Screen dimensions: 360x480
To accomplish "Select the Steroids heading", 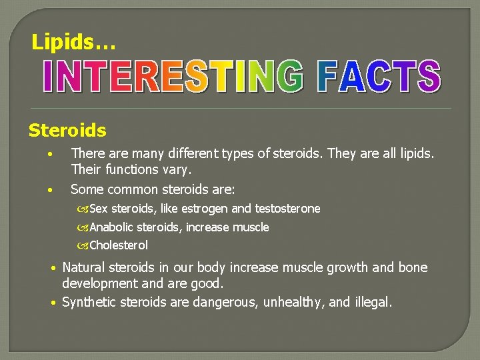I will (67, 129).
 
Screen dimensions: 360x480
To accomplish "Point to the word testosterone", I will (287, 209).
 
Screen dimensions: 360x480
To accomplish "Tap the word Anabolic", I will (112, 227).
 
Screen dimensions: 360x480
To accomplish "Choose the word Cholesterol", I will (119, 245).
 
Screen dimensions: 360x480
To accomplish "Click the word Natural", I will (87, 268).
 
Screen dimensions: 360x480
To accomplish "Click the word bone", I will (413, 268).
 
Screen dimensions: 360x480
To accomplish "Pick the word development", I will (101, 284).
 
